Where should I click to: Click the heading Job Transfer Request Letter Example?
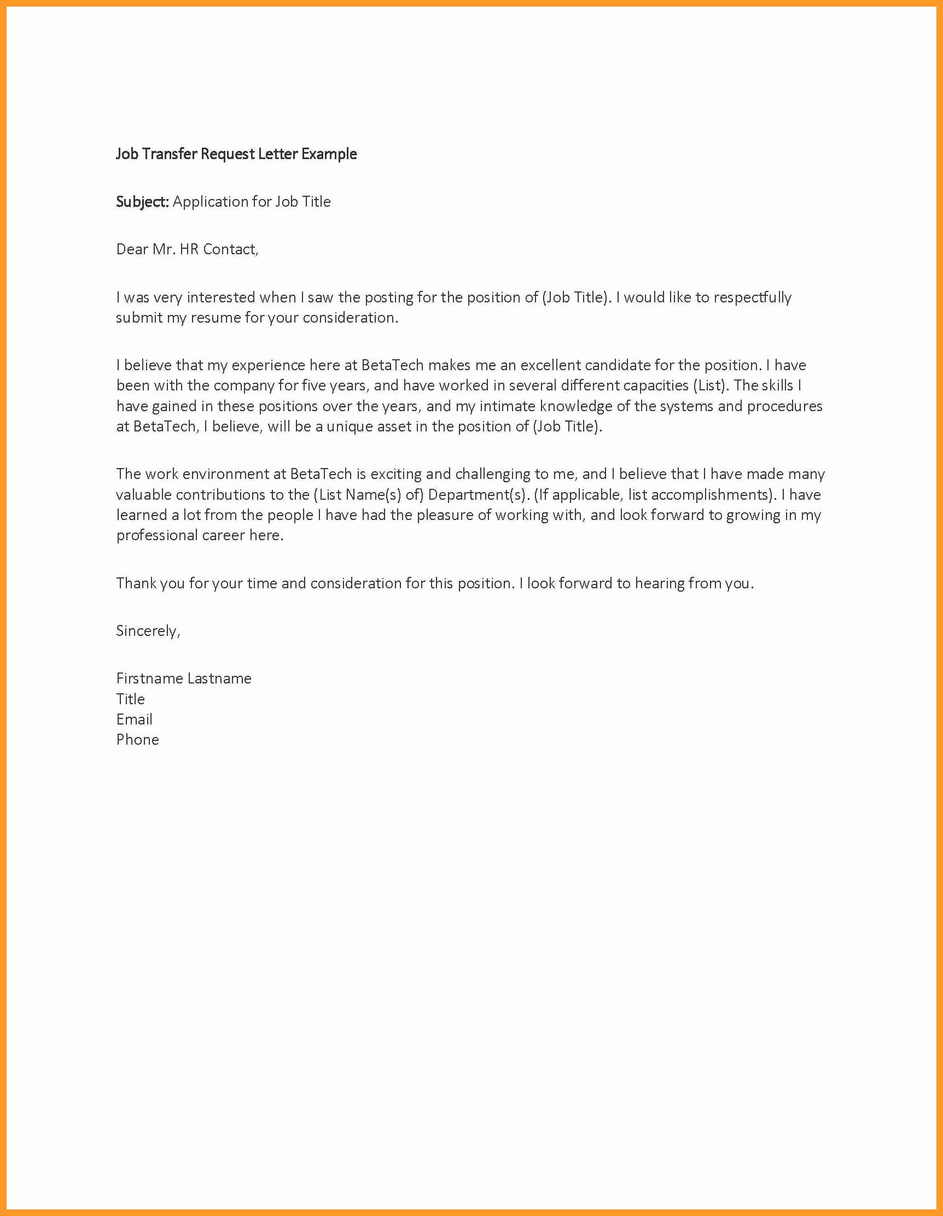pos(236,154)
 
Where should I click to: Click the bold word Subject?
pos(142,202)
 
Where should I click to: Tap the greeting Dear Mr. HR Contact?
pos(187,249)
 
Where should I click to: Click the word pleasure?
pos(445,515)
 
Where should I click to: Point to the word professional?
pos(156,535)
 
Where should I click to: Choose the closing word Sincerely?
pos(148,631)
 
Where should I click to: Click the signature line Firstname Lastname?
pos(184,678)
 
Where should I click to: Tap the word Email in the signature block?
pos(134,720)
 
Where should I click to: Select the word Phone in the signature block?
pos(138,739)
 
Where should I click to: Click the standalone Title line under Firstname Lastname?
pos(130,699)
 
